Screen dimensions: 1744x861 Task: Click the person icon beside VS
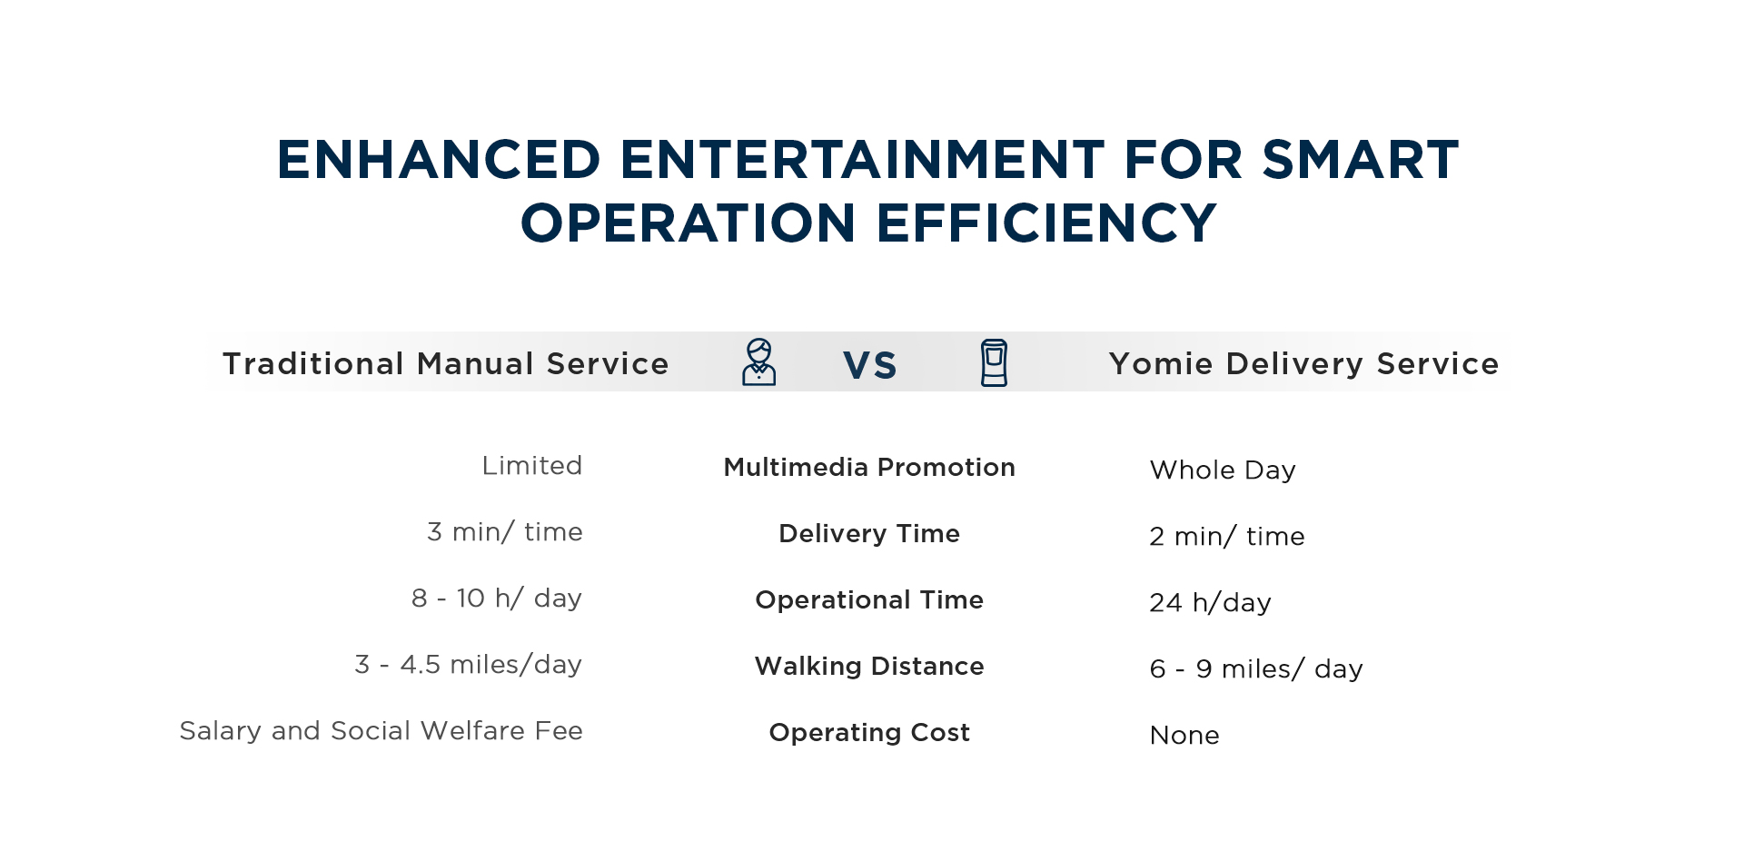pyautogui.click(x=758, y=362)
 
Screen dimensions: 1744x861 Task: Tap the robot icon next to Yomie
pyautogui.click(x=994, y=363)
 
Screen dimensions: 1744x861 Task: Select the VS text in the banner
pyautogui.click(x=870, y=365)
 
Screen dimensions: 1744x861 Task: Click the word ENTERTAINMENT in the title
pyautogui.click(x=862, y=160)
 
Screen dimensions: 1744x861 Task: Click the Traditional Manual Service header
pyautogui.click(x=446, y=363)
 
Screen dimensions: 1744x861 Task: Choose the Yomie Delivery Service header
pyautogui.click(x=1303, y=363)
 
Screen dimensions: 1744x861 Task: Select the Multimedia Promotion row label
pyautogui.click(x=869, y=467)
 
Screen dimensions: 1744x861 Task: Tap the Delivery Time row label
pyautogui.click(x=869, y=533)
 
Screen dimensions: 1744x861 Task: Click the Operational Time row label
pyautogui.click(x=869, y=599)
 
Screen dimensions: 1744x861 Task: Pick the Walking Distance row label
pyautogui.click(x=869, y=666)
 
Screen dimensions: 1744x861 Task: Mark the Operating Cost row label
pyautogui.click(x=869, y=732)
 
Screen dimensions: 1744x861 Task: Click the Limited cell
pyautogui.click(x=532, y=465)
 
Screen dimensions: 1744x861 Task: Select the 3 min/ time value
pyautogui.click(x=505, y=531)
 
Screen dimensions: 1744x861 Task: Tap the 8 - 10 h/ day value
pyautogui.click(x=497, y=598)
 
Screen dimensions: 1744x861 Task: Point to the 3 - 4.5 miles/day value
pyautogui.click(x=469, y=664)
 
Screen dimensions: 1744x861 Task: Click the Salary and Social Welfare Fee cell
pyautogui.click(x=381, y=730)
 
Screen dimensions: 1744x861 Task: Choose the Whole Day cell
pyautogui.click(x=1223, y=470)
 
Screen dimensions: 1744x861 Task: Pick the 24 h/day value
pyautogui.click(x=1211, y=602)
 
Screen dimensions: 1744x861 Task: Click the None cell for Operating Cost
pyautogui.click(x=1184, y=735)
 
